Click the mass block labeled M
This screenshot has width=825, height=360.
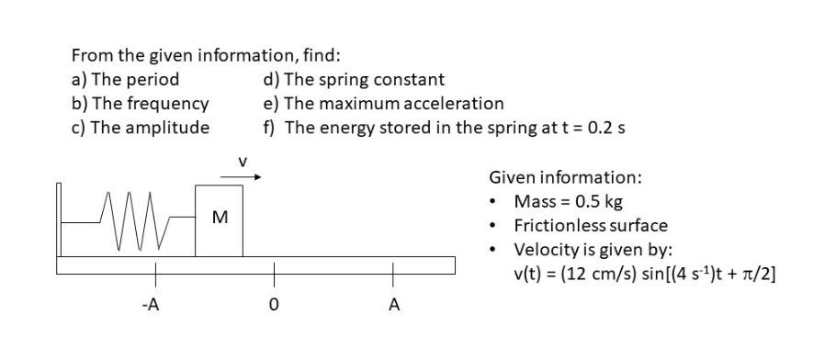220,220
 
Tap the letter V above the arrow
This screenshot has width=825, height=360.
243,162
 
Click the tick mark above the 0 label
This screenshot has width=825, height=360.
272,273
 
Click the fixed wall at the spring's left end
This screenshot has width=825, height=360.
60,220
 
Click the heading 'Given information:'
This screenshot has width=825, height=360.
565,176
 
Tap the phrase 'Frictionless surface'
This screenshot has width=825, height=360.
591,225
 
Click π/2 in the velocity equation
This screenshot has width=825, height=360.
759,274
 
